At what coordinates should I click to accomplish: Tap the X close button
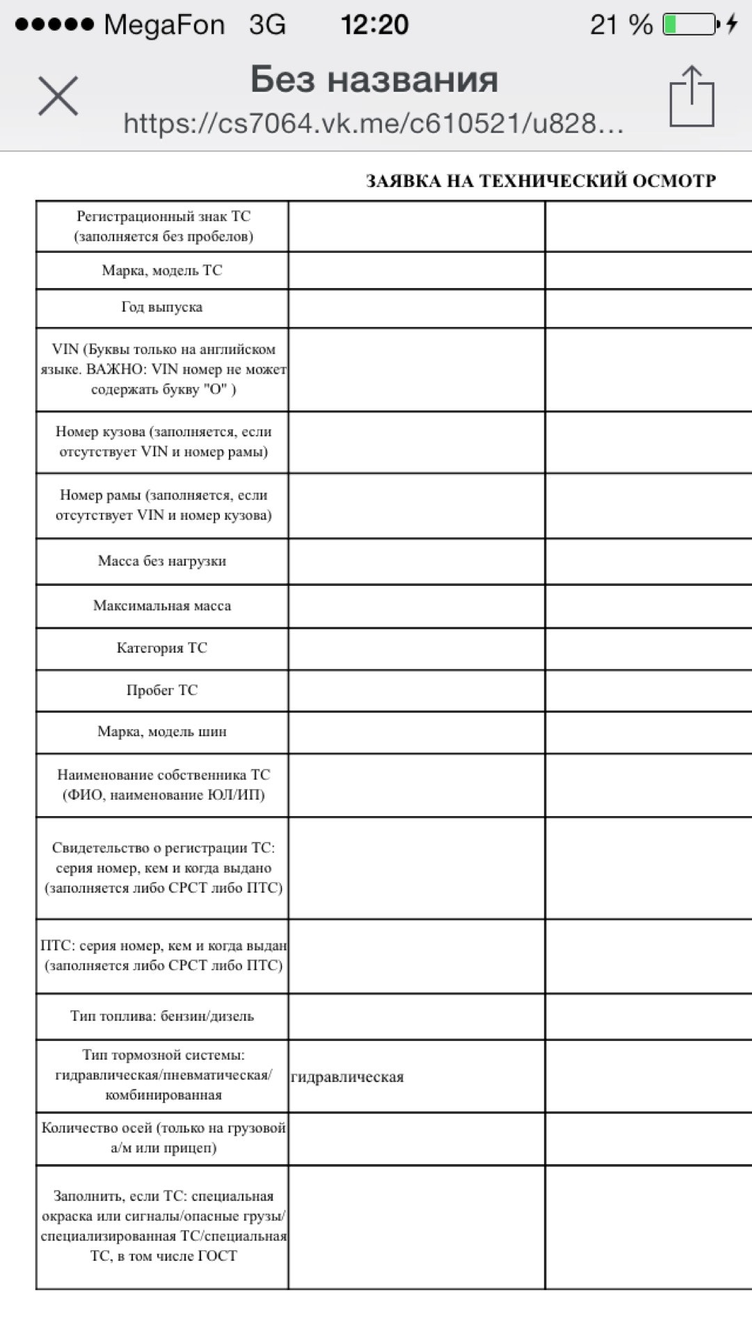(x=58, y=96)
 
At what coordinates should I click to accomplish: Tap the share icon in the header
(x=691, y=97)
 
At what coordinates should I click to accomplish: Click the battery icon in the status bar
(x=690, y=24)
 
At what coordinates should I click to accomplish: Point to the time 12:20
(x=374, y=25)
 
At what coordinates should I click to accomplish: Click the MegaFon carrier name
(x=164, y=25)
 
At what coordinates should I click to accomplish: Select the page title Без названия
(x=374, y=79)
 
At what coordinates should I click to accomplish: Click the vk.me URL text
(x=373, y=124)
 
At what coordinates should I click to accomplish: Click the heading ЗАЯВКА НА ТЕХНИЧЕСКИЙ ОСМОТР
(x=541, y=181)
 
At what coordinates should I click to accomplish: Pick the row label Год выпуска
(x=162, y=308)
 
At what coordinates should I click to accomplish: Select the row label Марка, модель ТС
(x=162, y=270)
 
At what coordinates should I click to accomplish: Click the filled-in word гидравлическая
(x=347, y=1077)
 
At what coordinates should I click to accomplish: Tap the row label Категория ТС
(x=162, y=648)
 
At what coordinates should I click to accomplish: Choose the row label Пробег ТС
(x=162, y=690)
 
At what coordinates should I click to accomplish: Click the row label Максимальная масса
(x=162, y=606)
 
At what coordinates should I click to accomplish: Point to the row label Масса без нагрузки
(x=162, y=561)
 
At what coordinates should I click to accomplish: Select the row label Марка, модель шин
(x=162, y=731)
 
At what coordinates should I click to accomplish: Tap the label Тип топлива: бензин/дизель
(x=162, y=1016)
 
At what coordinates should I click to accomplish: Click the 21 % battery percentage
(x=621, y=25)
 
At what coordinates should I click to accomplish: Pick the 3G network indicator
(x=267, y=25)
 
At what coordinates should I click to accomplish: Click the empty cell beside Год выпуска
(x=416, y=308)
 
